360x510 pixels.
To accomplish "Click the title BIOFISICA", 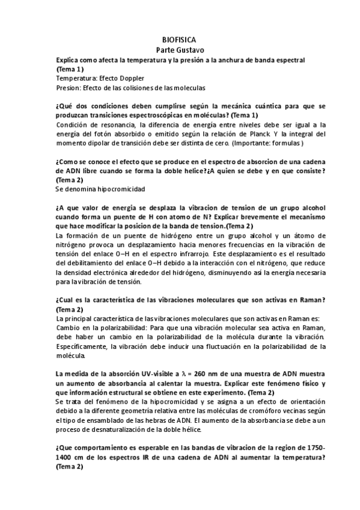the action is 179,39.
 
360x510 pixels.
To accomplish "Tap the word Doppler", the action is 127,78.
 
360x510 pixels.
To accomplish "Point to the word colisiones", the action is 133,87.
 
